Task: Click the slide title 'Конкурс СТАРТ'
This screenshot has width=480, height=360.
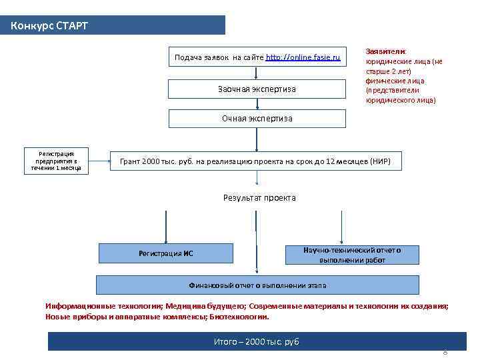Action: coord(49,26)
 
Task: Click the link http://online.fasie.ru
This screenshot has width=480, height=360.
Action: coord(303,58)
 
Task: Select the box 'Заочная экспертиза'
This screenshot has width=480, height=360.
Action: coord(257,89)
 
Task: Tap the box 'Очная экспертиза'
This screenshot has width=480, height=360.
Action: coord(257,119)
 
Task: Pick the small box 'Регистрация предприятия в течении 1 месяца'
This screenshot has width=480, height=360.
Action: coord(56,161)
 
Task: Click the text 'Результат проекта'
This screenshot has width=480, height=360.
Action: coord(259,198)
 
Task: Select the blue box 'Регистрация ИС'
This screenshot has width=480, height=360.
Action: coord(166,253)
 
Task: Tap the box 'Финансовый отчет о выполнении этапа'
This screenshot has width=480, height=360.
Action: coord(258,285)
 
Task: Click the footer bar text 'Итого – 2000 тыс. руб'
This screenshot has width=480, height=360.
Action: coord(257,342)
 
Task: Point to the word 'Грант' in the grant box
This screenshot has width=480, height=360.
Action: coord(130,161)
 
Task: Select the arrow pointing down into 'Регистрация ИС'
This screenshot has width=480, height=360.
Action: coord(166,227)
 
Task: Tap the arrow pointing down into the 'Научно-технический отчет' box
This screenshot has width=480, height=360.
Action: coord(341,227)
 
